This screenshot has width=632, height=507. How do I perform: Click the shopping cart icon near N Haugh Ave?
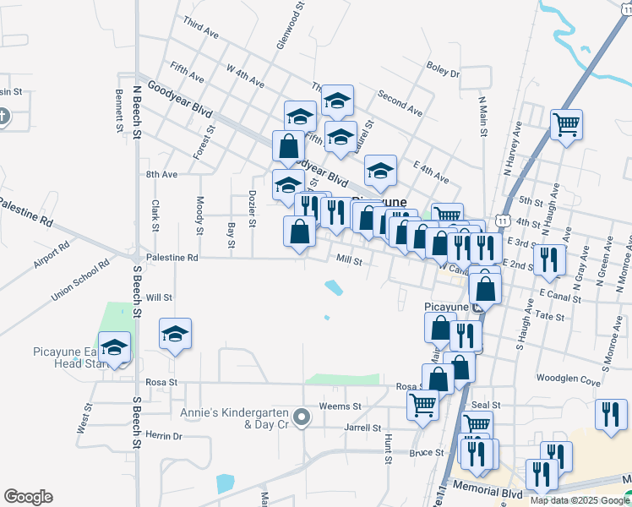(566, 125)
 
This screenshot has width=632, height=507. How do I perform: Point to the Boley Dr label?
(443, 74)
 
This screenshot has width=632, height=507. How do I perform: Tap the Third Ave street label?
(200, 34)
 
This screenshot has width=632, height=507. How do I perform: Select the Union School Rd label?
(81, 280)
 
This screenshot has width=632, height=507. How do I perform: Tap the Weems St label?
(341, 406)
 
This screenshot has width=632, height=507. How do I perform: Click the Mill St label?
(349, 262)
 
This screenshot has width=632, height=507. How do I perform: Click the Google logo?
(28, 497)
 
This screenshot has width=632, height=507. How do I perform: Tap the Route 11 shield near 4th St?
(502, 221)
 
